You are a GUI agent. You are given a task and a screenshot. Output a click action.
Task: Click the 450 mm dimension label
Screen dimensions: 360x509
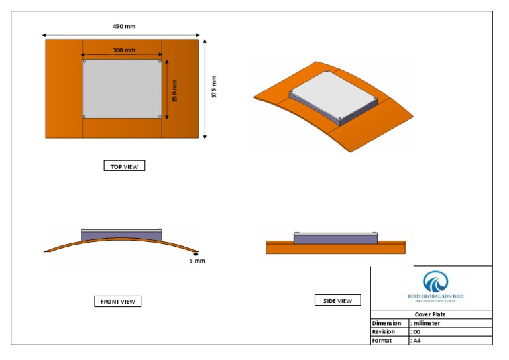coord(124,27)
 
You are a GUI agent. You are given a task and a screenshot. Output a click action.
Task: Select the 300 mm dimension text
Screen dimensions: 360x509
coord(123,50)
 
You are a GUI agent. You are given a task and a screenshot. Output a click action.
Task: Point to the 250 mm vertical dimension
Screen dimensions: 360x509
coord(175,90)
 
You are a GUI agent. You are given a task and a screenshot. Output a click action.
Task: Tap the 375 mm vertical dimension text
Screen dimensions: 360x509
coord(214,87)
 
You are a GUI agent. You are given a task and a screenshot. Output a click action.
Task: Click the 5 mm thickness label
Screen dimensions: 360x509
coord(197,261)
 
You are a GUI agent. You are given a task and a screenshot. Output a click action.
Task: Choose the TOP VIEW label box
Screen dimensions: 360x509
coord(124,166)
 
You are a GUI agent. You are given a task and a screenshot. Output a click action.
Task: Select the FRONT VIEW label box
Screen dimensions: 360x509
coord(117,302)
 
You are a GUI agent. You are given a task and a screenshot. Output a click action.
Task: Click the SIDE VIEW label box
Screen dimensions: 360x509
coord(337,301)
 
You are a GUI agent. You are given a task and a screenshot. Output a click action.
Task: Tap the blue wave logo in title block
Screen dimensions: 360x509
coord(435,281)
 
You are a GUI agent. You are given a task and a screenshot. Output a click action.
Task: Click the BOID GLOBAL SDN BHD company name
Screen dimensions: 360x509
coord(435,296)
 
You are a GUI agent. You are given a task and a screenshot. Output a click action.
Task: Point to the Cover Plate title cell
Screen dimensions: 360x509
coord(431,314)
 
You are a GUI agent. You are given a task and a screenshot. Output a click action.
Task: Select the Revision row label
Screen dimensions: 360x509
coord(384,331)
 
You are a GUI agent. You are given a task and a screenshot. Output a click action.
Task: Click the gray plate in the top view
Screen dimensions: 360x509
coord(122,89)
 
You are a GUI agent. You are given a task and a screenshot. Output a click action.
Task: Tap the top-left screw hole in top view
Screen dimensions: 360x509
coord(84,62)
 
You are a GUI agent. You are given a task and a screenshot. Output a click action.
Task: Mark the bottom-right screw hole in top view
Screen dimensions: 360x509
coord(160,116)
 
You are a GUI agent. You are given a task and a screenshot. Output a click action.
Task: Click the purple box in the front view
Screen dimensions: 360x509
coord(121,235)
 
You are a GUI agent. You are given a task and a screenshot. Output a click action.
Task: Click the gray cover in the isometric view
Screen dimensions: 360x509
coord(331,94)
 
